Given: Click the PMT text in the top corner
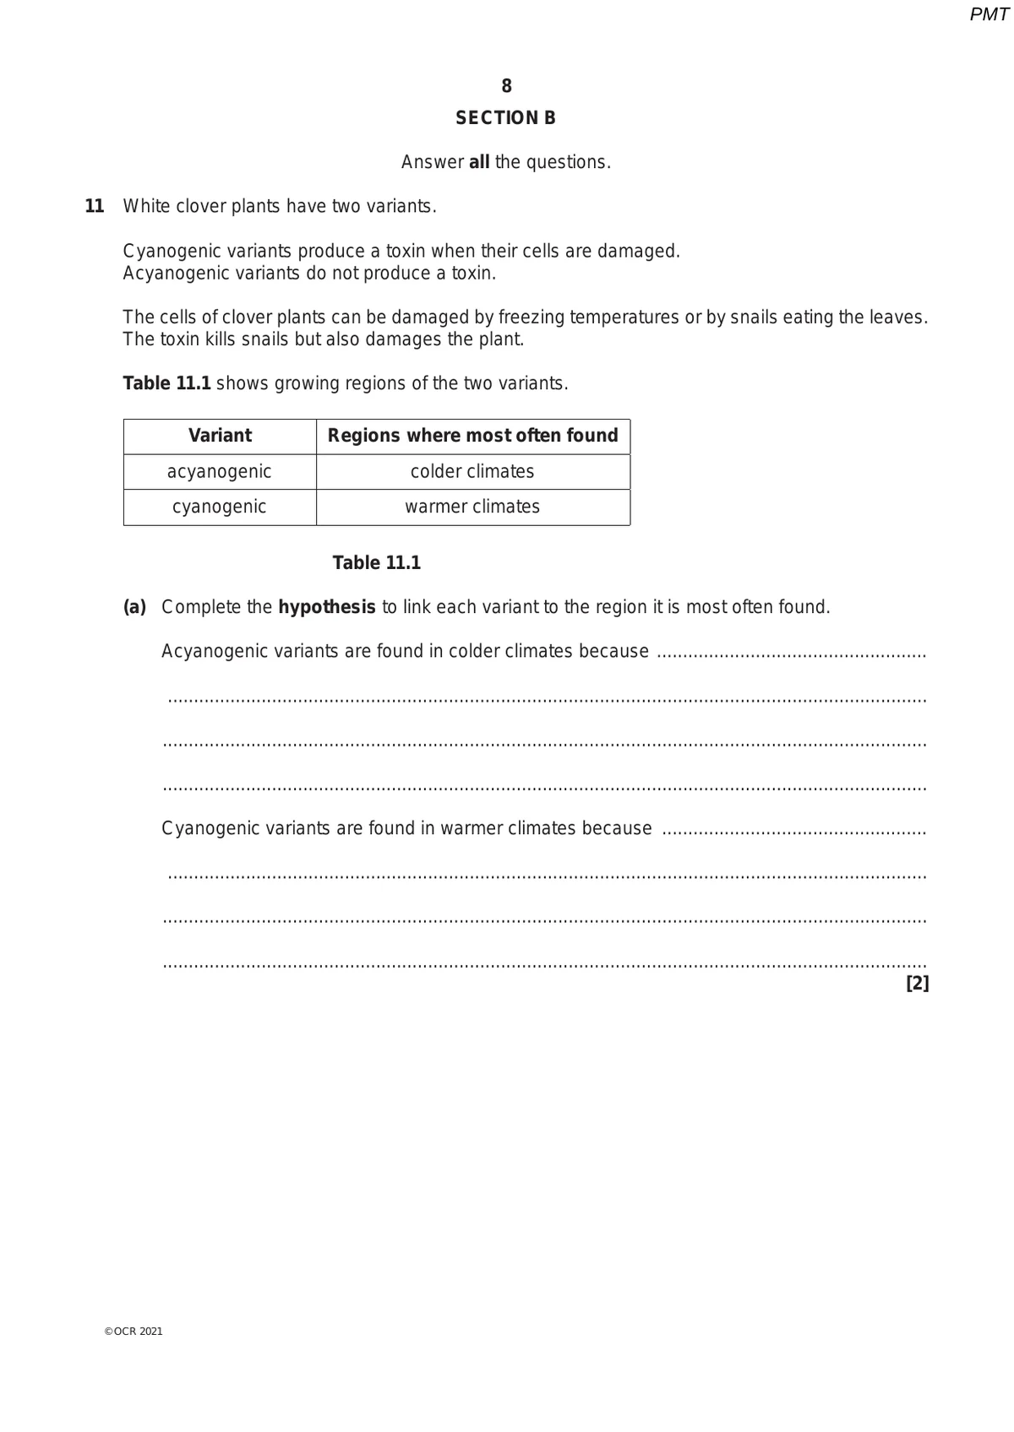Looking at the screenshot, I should pyautogui.click(x=989, y=14).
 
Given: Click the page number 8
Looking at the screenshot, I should pyautogui.click(x=506, y=86).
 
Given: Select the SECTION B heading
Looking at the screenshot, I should pyautogui.click(x=505, y=118).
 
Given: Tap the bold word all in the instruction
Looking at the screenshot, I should pyautogui.click(x=479, y=162).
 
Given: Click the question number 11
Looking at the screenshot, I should pyautogui.click(x=95, y=206).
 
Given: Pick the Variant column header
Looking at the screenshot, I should pyautogui.click(x=220, y=436).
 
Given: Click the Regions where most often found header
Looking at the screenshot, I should pyautogui.click(x=472, y=436).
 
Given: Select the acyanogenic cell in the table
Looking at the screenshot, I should pyautogui.click(x=220, y=471).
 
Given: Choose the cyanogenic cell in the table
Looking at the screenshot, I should pyautogui.click(x=220, y=507).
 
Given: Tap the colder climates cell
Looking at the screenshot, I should pyautogui.click(x=472, y=471).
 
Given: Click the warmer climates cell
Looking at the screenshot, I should pyautogui.click(x=472, y=507).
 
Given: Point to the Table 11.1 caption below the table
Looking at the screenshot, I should pyautogui.click(x=377, y=563).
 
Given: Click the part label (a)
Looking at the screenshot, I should pyautogui.click(x=135, y=607).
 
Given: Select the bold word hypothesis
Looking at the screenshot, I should pyautogui.click(x=326, y=607).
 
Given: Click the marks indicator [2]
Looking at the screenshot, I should pyautogui.click(x=917, y=983).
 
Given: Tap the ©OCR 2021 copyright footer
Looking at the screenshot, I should pyautogui.click(x=134, y=1332).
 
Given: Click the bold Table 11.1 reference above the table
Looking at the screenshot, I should pyautogui.click(x=166, y=383).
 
